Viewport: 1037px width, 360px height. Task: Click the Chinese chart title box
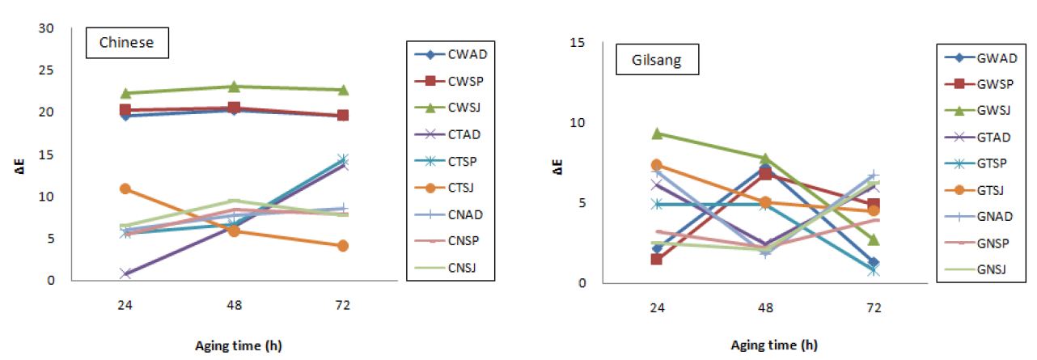point(126,43)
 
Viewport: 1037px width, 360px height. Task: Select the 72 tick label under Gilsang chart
point(874,308)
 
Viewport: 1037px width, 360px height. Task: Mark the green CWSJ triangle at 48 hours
point(234,87)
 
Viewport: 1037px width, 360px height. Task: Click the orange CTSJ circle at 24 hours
point(125,188)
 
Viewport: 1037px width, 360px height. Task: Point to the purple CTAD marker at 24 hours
point(125,273)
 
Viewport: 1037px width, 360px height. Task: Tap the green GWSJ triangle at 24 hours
point(657,133)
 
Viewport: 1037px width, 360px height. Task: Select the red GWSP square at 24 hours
point(657,259)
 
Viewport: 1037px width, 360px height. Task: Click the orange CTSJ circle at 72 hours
point(343,245)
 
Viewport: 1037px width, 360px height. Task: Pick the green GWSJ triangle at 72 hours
point(874,239)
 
